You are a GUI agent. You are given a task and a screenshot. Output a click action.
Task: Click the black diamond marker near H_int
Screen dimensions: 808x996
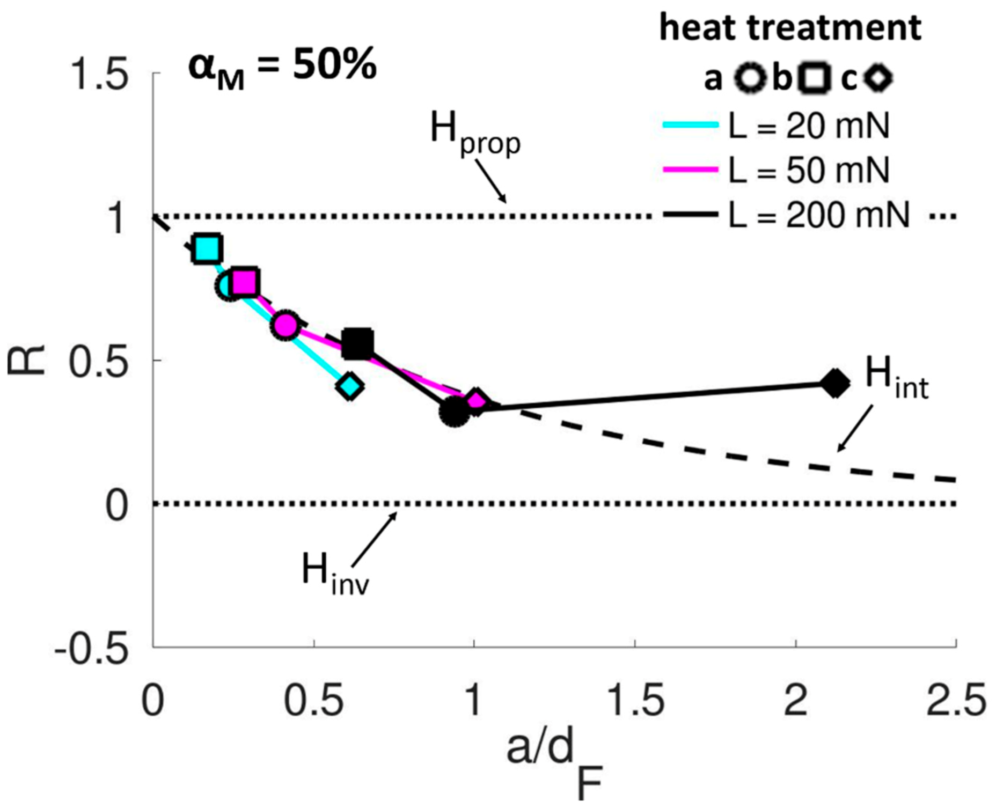(835, 383)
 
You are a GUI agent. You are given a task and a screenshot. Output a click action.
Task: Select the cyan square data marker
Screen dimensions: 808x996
(207, 249)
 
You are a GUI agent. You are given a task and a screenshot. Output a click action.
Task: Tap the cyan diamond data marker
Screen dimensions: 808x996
(350, 386)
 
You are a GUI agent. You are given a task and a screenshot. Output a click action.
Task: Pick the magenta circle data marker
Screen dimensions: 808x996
(285, 325)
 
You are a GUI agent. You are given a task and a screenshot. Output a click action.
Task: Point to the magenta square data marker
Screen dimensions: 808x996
(245, 282)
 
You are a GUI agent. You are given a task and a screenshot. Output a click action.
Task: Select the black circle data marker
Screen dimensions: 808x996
(454, 412)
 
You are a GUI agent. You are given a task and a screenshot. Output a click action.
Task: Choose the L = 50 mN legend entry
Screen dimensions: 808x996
(777, 171)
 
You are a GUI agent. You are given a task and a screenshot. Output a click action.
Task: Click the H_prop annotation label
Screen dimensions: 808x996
(474, 134)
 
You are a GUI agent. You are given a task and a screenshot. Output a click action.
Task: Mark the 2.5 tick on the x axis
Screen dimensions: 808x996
(956, 701)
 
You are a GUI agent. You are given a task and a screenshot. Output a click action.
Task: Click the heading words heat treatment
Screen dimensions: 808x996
(790, 28)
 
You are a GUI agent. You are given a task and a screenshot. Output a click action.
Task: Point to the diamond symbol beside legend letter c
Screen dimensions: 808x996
(878, 78)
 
